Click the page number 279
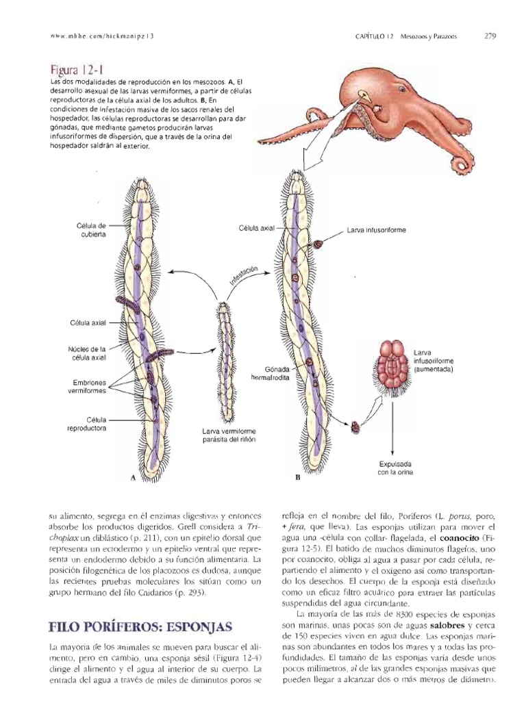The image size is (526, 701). [x=490, y=36]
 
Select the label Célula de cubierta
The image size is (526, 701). [x=92, y=230]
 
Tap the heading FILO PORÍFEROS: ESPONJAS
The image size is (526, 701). [x=140, y=626]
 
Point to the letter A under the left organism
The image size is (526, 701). [x=133, y=478]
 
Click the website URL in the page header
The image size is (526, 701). [x=103, y=36]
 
